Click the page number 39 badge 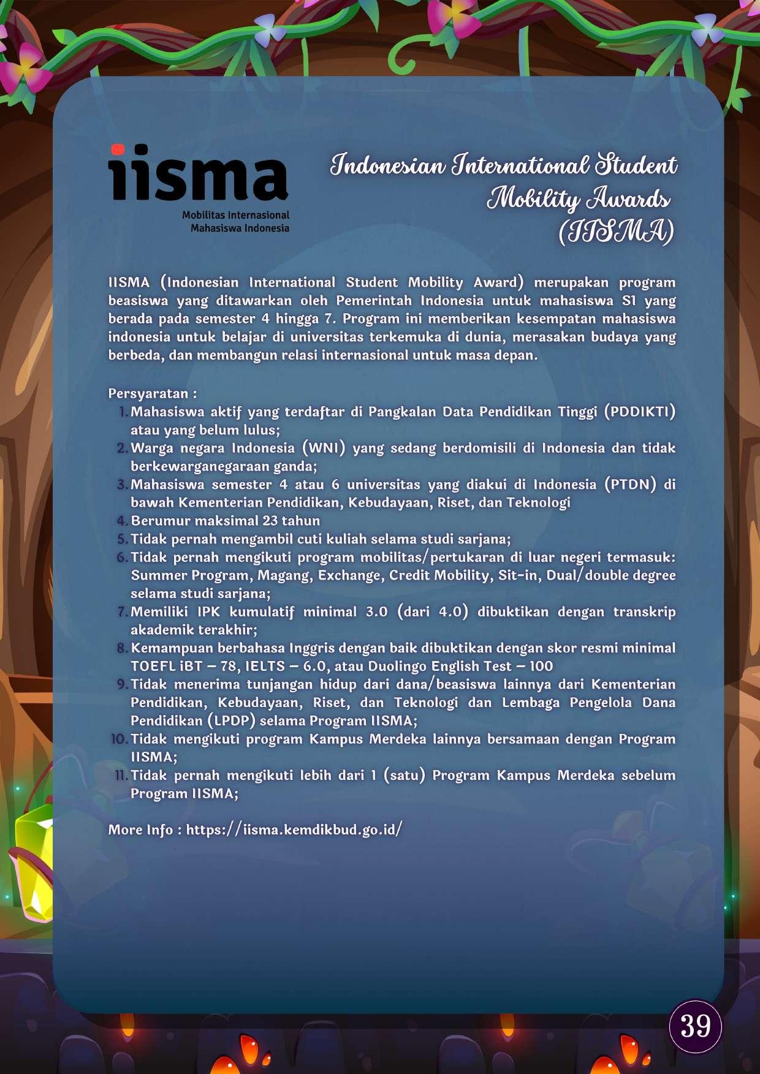click(x=695, y=1026)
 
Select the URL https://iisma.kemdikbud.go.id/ click(x=294, y=830)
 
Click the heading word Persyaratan click(x=148, y=393)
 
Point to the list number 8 click(x=122, y=648)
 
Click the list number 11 click(x=121, y=776)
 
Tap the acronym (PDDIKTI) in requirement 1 click(x=639, y=412)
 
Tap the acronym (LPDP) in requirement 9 click(x=231, y=721)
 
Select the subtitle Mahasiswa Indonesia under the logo click(x=240, y=229)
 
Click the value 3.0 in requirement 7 click(x=376, y=612)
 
